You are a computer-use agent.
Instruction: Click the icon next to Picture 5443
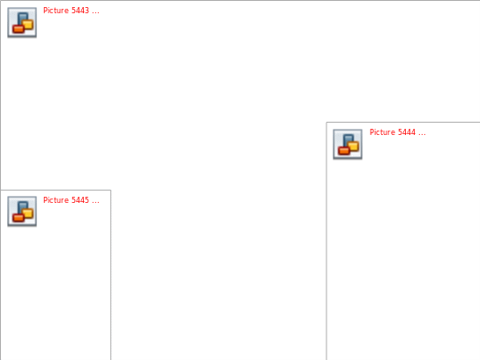point(22,22)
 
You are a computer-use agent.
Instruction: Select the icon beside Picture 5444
point(348,144)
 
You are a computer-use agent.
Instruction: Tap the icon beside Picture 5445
point(22,211)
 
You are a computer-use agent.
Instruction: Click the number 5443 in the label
point(80,11)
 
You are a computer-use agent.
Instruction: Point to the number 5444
point(407,132)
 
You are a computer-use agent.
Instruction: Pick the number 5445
point(80,200)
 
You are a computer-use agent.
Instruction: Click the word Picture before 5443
point(56,11)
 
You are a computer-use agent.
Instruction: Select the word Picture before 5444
point(382,132)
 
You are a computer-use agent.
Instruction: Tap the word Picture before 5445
point(56,200)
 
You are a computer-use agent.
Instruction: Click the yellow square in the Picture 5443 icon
point(28,25)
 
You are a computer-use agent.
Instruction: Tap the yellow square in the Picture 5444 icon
point(354,146)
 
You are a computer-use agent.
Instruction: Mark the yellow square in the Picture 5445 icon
point(28,214)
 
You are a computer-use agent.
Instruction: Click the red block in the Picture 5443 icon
point(18,29)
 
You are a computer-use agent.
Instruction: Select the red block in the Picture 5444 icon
point(344,151)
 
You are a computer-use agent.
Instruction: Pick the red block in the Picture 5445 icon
point(18,218)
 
